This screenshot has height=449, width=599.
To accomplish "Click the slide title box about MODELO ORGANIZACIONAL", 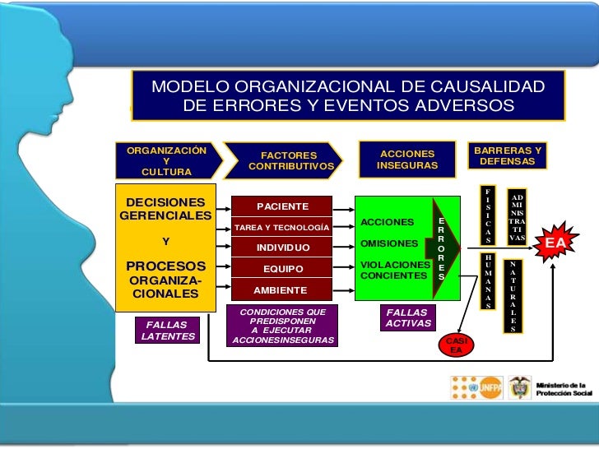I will pos(346,97).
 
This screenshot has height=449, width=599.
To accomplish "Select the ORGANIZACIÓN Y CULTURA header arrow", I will pos(168,160).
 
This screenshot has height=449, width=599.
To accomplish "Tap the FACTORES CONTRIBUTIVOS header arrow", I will pos(293,160).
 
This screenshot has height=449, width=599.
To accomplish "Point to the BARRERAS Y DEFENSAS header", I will pos(508,156).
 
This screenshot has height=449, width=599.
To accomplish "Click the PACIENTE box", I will pos(282,206).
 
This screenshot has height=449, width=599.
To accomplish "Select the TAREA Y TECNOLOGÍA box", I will pos(282,227).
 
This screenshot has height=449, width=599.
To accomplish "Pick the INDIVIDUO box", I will pos(282,248).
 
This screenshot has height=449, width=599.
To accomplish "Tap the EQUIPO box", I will pos(282,269).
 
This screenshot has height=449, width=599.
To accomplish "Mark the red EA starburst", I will pos(555,243).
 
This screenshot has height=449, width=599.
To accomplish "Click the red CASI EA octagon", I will pos(456,345).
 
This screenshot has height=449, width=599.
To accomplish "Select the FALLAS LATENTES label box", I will pos(167,330).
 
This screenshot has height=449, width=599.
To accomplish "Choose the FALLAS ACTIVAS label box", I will pos(407,318).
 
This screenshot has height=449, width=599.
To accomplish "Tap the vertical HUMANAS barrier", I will pos(488,280).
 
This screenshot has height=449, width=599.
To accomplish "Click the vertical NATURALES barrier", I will pos(513,295).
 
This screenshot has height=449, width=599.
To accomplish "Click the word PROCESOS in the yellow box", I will pos(165,266).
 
